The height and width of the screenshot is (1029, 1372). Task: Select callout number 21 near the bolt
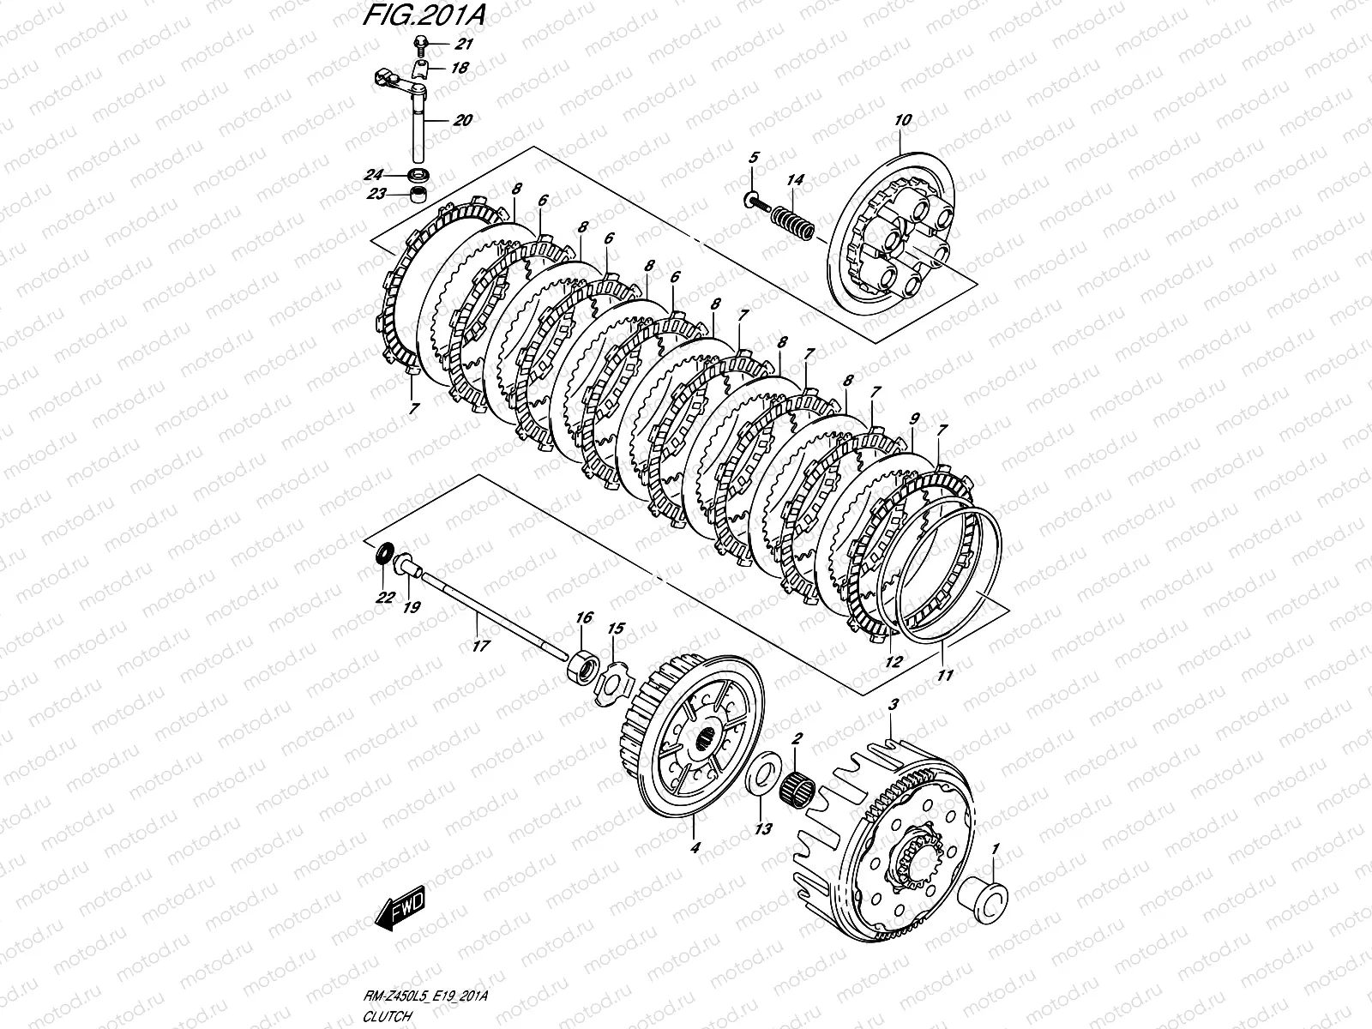[464, 44]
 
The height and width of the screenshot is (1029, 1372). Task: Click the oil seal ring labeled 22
[383, 554]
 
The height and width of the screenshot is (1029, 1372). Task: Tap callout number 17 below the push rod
[481, 646]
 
